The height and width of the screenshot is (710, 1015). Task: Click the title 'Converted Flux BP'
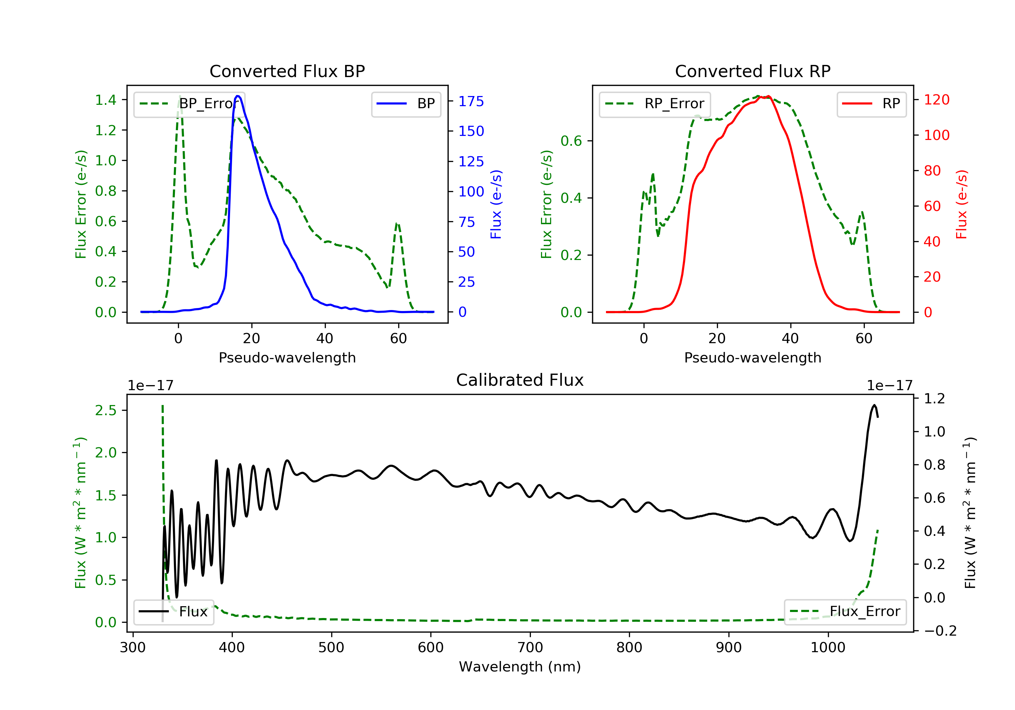pos(287,71)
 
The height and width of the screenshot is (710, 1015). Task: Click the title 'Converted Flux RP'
pos(752,71)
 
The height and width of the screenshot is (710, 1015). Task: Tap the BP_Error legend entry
pos(189,104)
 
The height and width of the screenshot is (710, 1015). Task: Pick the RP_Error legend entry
pos(655,104)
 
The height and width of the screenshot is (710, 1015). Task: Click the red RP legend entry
pos(871,104)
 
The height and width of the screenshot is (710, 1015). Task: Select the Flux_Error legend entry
pos(845,612)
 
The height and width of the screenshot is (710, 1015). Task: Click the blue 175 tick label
pos(471,101)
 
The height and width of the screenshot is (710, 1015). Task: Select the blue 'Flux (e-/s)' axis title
pos(496,204)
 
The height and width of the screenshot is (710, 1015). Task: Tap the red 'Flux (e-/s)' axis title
pos(962,204)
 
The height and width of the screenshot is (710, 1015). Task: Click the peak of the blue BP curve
pos(238,96)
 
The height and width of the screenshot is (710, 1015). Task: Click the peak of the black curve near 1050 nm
pos(874,405)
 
